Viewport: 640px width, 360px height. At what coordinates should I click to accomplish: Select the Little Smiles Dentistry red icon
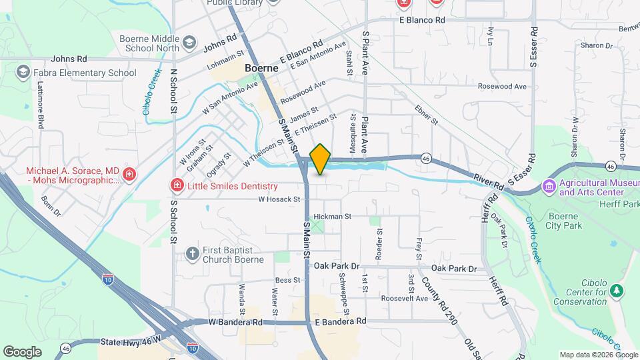[x=177, y=185]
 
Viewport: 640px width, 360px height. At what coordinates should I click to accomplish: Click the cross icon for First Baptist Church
[x=193, y=253]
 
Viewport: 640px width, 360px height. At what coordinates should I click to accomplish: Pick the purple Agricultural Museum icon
[x=549, y=186]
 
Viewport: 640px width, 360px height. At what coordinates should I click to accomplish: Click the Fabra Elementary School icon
[x=23, y=72]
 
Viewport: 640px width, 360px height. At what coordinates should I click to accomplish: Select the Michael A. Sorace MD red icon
[x=129, y=175]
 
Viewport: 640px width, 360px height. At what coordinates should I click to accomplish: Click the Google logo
[x=23, y=351]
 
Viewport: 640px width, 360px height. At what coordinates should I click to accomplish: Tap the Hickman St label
[x=332, y=217]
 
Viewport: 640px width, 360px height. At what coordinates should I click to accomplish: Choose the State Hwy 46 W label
[x=131, y=341]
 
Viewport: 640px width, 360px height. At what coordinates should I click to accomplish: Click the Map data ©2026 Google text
[x=597, y=355]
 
